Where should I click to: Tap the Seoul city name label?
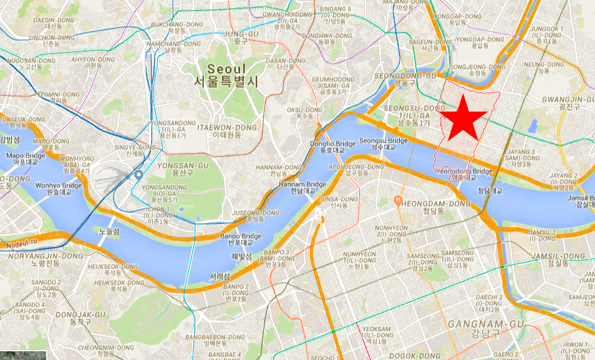(228, 75)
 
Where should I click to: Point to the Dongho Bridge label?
(332, 147)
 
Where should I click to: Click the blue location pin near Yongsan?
(139, 176)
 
